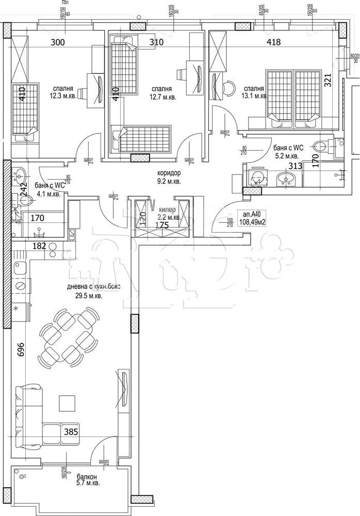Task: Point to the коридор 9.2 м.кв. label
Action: click(165, 178)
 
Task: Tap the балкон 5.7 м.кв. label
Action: click(86, 480)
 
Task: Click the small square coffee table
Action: click(67, 401)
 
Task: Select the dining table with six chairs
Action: click(69, 336)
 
